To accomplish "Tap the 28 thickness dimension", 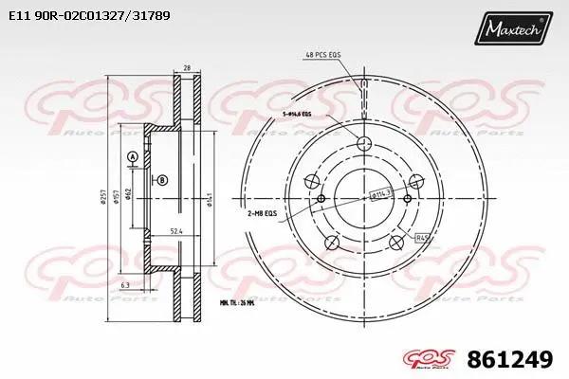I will point(188,68).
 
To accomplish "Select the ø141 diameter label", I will point(208,198).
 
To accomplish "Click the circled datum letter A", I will point(132,156).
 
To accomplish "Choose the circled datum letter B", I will point(162,180).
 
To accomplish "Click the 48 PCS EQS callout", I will point(322,57).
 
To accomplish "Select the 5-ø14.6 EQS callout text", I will point(296,114).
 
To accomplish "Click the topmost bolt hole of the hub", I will point(364,142).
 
